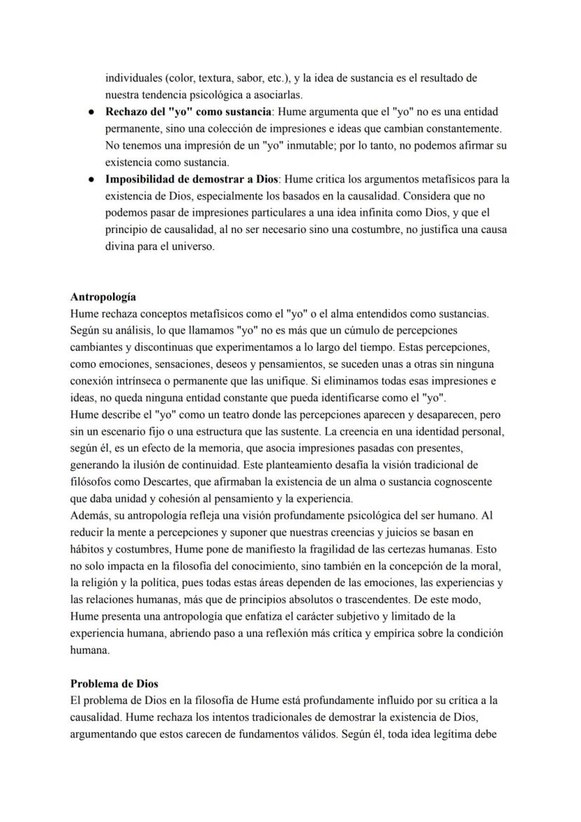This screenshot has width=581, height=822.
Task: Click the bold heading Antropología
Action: [103, 297]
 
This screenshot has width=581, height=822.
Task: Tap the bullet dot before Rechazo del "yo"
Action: [91, 112]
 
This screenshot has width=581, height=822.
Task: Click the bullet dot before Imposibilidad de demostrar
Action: [91, 180]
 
